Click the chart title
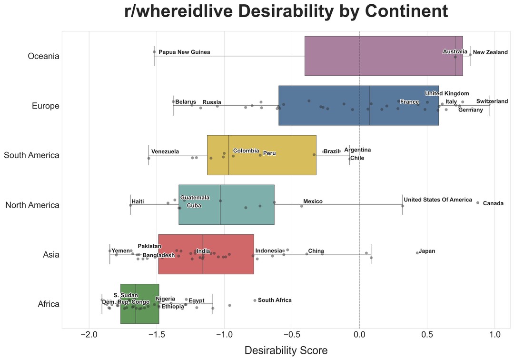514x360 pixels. click(286, 12)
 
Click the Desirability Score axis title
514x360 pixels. click(286, 350)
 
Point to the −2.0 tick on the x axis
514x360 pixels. click(89, 334)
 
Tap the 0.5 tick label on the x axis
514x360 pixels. click(427, 334)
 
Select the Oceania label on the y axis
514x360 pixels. click(44, 56)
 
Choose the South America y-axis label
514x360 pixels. click(31, 155)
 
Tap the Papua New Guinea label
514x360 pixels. click(184, 52)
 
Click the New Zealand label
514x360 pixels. click(490, 52)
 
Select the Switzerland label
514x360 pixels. click(492, 101)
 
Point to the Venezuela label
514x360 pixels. click(165, 151)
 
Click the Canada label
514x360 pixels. click(493, 204)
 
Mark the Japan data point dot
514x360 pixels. click(417, 253)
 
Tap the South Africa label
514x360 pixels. click(275, 300)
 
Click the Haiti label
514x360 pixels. click(138, 201)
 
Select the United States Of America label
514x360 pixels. click(438, 200)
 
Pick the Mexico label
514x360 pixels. click(313, 201)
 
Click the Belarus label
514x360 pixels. click(186, 102)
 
